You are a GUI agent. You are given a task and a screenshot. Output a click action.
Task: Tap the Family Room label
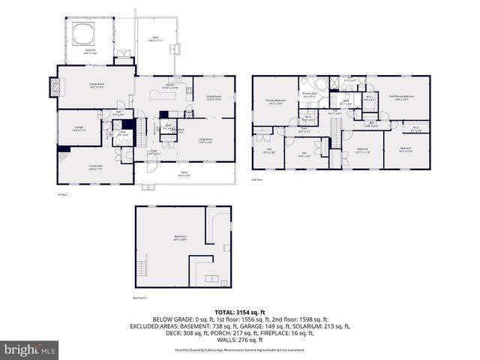coord(96,85)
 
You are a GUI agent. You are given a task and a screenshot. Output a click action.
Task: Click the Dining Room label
coord(214,97)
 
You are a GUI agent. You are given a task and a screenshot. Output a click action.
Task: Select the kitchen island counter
coord(160,94)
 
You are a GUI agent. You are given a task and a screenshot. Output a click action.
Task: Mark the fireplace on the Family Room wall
coord(52,87)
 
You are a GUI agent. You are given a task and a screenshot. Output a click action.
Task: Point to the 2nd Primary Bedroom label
coord(402,97)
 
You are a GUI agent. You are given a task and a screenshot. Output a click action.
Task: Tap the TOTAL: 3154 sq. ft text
coord(240,311)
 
